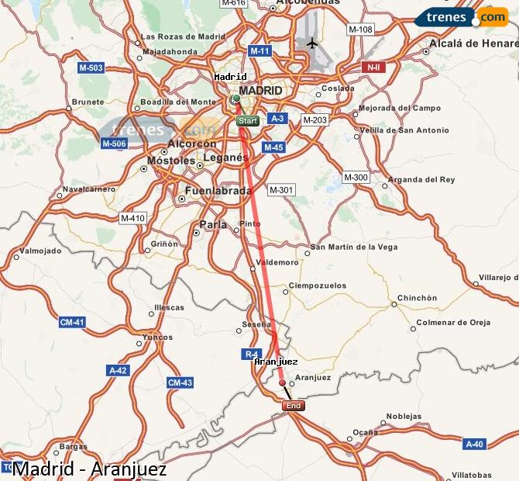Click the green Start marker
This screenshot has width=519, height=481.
[248, 121]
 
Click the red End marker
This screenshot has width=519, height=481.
[293, 406]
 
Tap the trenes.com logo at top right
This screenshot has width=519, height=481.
[461, 16]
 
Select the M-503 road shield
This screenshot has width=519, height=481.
[91, 68]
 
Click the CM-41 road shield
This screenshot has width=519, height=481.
[71, 321]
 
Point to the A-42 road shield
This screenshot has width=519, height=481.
[118, 370]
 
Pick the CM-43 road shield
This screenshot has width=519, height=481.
[180, 382]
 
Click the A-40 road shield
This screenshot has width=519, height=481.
[474, 444]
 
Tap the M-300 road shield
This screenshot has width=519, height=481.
[356, 178]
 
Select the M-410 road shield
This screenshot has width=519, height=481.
[132, 218]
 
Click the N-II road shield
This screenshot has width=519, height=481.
[373, 67]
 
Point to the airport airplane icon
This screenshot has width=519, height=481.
[311, 43]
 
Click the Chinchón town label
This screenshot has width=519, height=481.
[418, 298]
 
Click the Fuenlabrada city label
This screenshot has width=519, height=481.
[218, 190]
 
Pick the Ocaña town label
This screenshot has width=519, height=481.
[366, 431]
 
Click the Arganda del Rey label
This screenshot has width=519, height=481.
[422, 179]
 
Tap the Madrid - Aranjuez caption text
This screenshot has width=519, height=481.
[89, 469]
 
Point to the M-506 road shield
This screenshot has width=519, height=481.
[114, 143]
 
